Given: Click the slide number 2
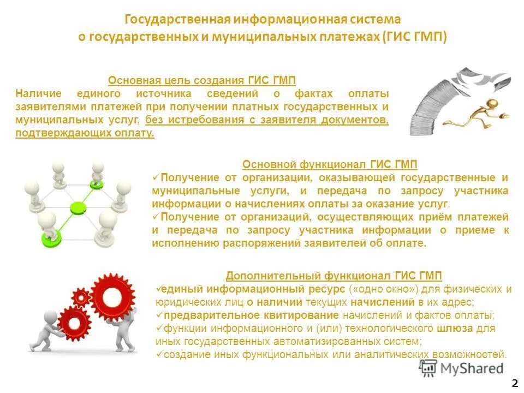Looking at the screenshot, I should point(515,382).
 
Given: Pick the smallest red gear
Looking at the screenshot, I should point(81,297).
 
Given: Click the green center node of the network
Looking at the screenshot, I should point(79,207).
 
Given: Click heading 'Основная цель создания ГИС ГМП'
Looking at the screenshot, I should point(202,81).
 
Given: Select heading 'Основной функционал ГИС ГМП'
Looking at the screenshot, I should point(330,164).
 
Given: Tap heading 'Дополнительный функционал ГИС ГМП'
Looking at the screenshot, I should point(334,276).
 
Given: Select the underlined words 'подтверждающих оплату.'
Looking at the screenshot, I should point(85,133).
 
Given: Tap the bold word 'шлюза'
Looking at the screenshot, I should point(451,329).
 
